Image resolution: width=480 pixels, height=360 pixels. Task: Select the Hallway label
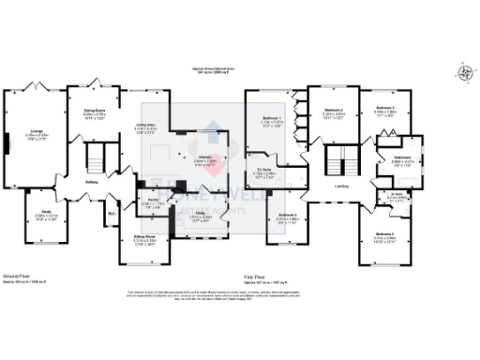click(x=92, y=182)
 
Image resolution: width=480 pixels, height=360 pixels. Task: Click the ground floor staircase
click(x=95, y=156)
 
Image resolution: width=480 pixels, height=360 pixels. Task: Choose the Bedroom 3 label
click(x=385, y=109)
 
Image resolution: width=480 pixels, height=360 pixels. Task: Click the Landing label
click(x=342, y=185)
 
